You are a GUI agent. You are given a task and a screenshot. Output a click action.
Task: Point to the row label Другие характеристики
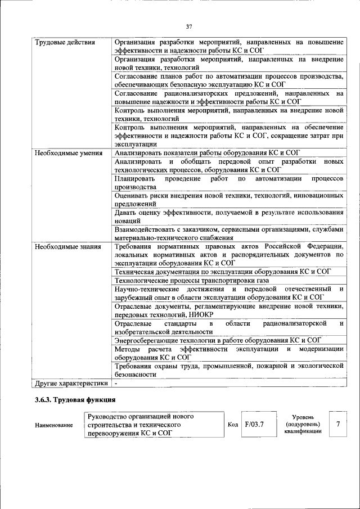click(x=70, y=383)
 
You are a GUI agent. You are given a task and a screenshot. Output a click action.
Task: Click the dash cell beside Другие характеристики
click(x=116, y=383)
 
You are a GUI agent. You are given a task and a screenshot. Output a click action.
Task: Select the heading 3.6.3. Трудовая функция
click(x=75, y=400)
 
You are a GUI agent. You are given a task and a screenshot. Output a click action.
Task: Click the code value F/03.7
click(x=255, y=425)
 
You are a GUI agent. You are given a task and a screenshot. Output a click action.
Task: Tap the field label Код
click(x=233, y=425)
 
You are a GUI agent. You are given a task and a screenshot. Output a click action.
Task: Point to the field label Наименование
click(x=54, y=425)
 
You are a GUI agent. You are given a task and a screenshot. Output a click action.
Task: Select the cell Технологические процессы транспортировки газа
click(x=192, y=280)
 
